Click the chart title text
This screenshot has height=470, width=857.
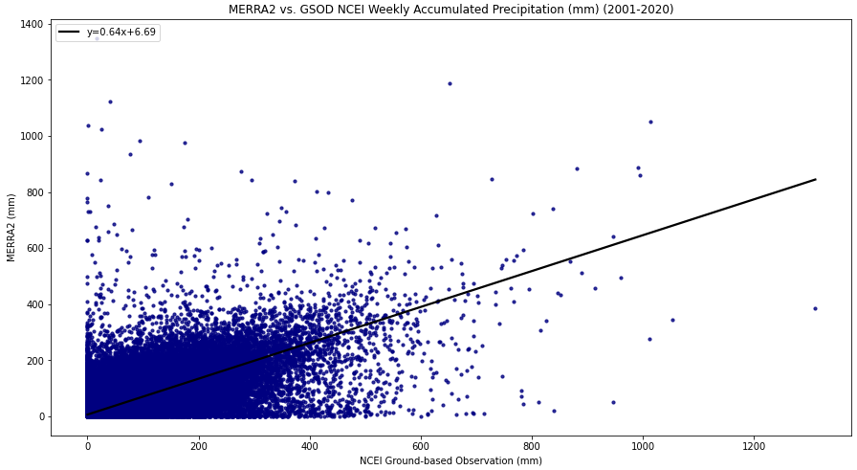click(450, 10)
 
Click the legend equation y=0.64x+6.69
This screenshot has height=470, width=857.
click(121, 32)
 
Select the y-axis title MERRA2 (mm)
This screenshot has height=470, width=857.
click(11, 228)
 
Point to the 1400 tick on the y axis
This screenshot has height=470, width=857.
click(33, 24)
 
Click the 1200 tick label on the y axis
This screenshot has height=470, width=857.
click(33, 80)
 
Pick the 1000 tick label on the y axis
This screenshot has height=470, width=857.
click(33, 136)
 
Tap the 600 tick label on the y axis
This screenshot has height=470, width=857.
click(35, 249)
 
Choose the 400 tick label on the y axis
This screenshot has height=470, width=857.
click(35, 304)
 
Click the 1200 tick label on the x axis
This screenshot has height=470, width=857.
click(755, 446)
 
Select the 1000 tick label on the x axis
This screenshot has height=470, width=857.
click(643, 446)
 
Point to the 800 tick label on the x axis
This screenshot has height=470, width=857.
click(533, 446)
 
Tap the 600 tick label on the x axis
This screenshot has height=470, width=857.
click(421, 446)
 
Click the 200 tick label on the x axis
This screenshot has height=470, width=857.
click(199, 446)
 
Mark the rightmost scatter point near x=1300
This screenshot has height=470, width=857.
click(815, 308)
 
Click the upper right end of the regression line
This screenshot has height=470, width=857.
click(816, 179)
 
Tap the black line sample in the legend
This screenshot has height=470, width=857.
click(70, 33)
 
